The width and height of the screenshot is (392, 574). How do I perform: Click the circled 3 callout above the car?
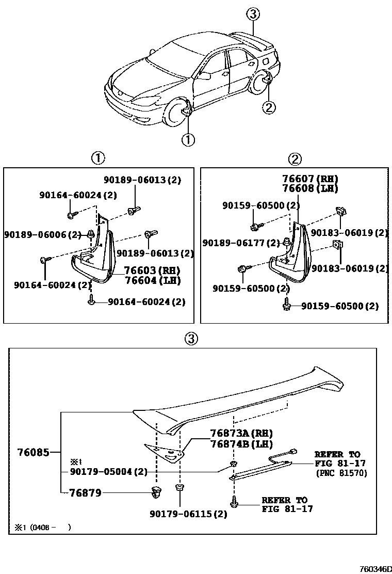252,14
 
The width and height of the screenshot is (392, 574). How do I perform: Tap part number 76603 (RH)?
151,270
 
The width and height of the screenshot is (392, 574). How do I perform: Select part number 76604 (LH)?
151,280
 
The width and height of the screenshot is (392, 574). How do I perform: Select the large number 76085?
32,453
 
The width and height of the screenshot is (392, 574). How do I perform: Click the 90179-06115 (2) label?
188,514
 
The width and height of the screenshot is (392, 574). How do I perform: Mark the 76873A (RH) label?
241,433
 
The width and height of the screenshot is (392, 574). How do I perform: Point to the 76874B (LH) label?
241,443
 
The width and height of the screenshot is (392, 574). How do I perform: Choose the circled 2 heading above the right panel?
295,159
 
